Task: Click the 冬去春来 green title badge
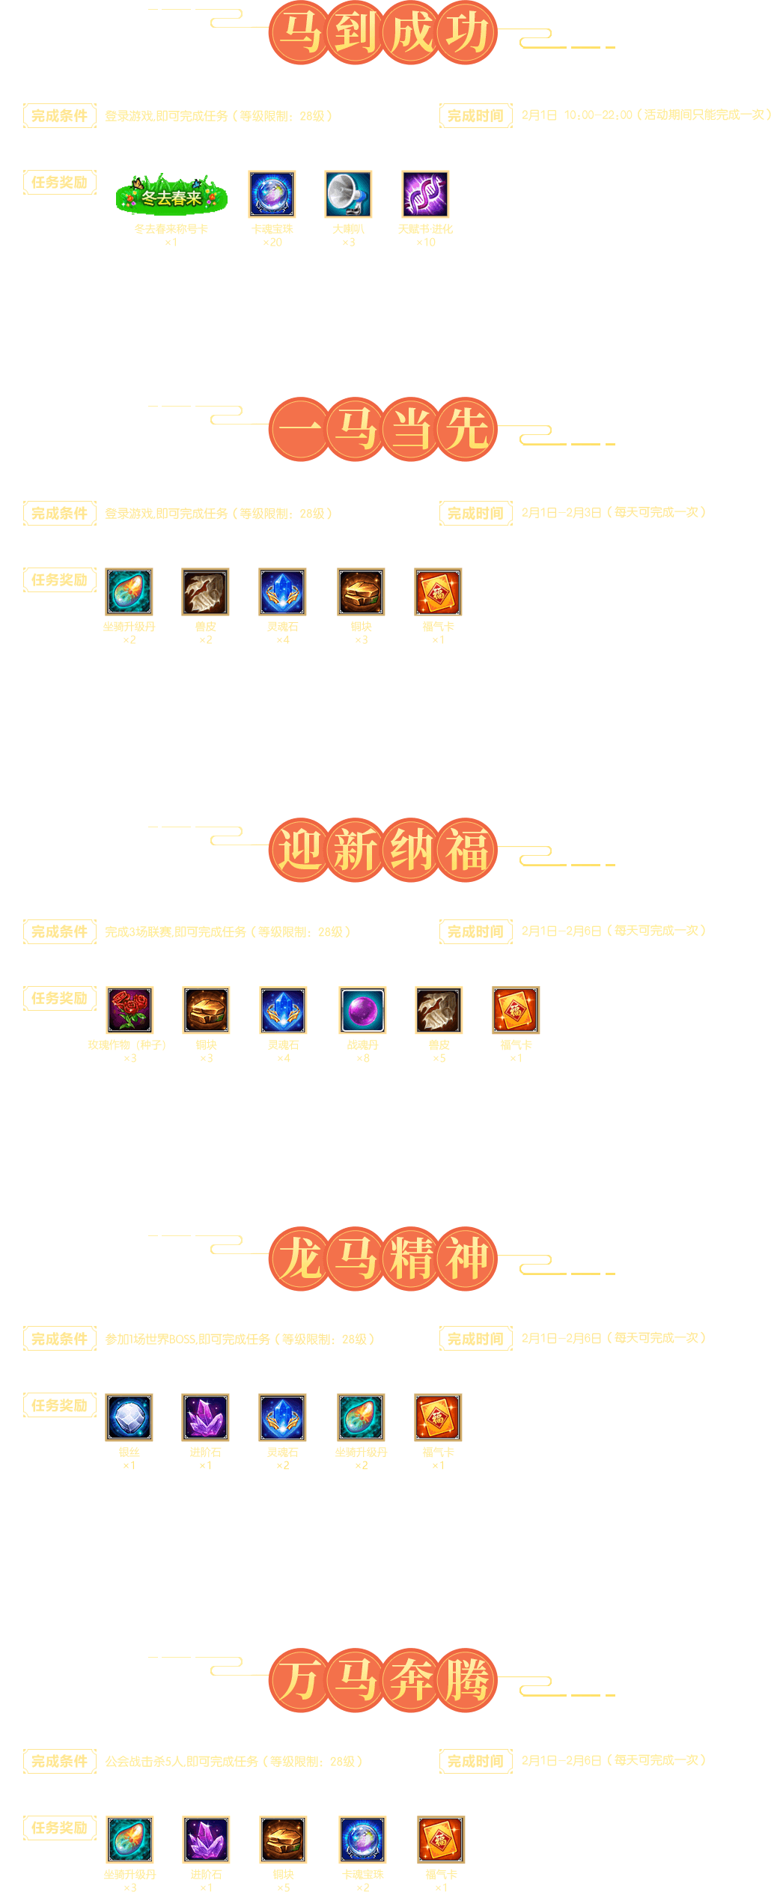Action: [x=171, y=196]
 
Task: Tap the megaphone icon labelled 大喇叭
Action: [x=348, y=195]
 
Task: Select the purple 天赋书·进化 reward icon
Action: [x=425, y=195]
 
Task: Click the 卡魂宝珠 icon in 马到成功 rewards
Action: [x=272, y=195]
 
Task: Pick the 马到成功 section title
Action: [x=383, y=32]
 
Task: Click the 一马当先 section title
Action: [x=383, y=429]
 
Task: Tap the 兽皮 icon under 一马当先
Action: [x=205, y=591]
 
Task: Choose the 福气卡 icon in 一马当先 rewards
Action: [x=438, y=591]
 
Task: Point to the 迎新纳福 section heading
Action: [x=383, y=850]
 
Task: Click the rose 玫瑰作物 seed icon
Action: [x=129, y=1010]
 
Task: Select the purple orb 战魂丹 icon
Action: [x=362, y=1010]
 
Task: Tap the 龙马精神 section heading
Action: [x=383, y=1259]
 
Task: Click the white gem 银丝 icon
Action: [x=129, y=1417]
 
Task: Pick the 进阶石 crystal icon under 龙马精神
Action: [x=205, y=1417]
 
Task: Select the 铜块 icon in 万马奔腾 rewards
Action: [x=283, y=1840]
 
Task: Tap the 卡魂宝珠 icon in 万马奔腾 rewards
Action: [x=362, y=1840]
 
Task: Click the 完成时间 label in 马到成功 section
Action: [x=475, y=116]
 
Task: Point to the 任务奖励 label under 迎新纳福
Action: [x=60, y=998]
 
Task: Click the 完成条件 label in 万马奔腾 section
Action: [x=60, y=1761]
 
